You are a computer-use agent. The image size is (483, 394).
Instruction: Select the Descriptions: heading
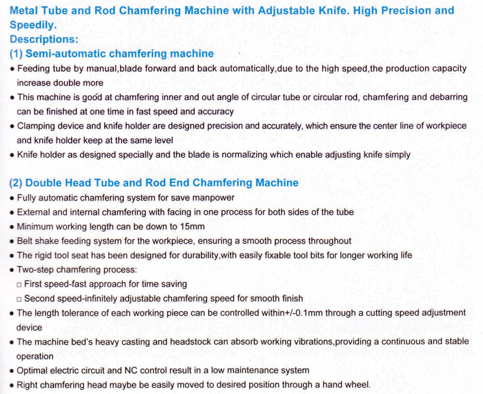(x=44, y=39)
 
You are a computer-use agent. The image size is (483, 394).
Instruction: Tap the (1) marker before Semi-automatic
(x=17, y=54)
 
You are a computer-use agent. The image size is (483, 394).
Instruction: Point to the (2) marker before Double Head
(x=17, y=183)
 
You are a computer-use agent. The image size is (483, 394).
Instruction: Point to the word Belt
(x=26, y=241)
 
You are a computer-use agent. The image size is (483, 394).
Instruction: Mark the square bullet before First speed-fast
(x=19, y=284)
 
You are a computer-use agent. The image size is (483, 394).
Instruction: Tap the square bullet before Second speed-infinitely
(x=19, y=299)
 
